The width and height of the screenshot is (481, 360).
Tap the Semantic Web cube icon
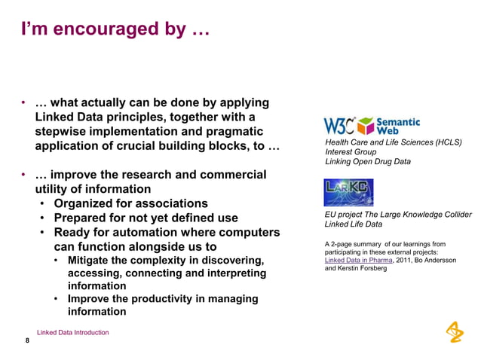365,125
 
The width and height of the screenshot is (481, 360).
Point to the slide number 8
27,341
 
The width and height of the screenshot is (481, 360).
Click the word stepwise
63,132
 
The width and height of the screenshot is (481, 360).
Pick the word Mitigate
93,261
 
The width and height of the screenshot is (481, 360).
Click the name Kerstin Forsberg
366,269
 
